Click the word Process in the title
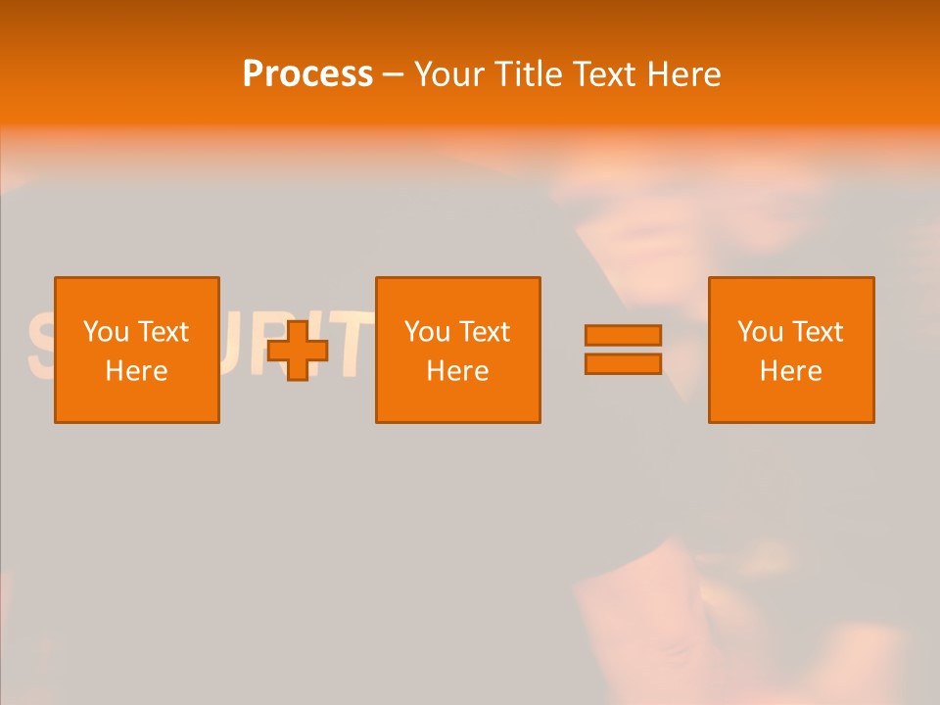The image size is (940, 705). [307, 74]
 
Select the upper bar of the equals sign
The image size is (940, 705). [623, 335]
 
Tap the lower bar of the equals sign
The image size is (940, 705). [623, 364]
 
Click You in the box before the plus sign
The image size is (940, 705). [106, 332]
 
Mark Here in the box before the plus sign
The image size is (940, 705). [136, 371]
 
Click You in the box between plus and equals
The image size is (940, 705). [427, 332]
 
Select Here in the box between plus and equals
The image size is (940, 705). [457, 371]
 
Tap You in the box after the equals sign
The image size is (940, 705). [760, 332]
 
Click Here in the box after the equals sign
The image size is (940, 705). [790, 371]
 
